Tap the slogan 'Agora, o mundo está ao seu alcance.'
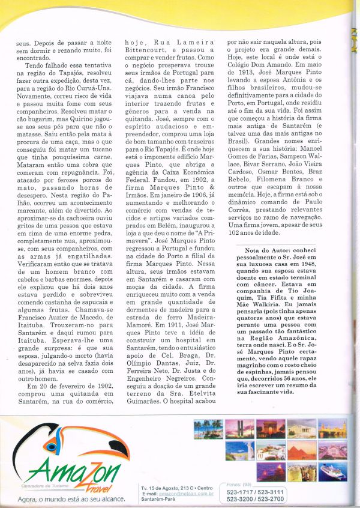pyautogui.click(x=71, y=498)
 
